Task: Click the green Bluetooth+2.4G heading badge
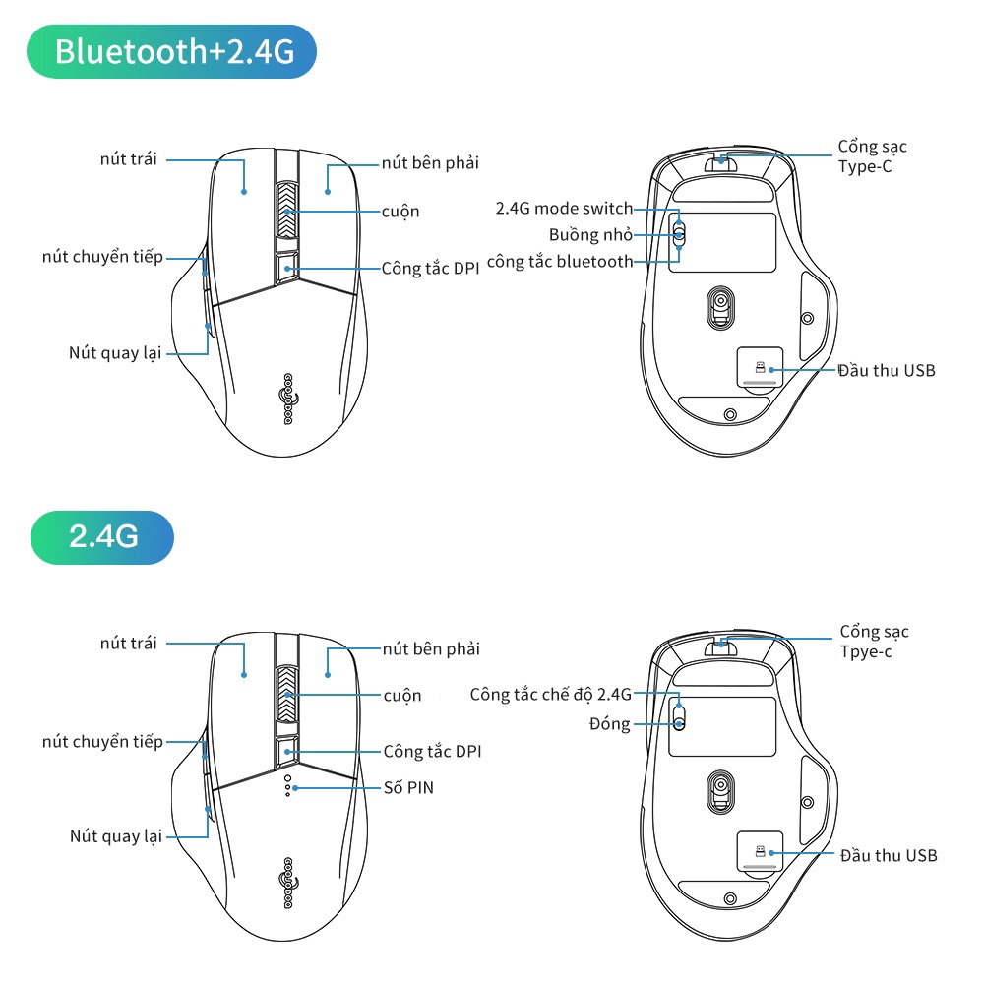coord(173,51)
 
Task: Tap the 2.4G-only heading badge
coord(102,537)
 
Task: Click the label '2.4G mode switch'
coord(564,209)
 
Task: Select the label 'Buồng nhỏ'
coord(590,235)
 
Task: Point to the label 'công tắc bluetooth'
coord(560,261)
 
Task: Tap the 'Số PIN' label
coord(407,787)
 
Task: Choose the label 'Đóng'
coord(609,724)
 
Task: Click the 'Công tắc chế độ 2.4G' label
coord(551,695)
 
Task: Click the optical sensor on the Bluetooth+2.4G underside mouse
coord(721,307)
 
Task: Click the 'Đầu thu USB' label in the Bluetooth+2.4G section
coord(887,371)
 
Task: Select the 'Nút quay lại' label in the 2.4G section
coord(114,836)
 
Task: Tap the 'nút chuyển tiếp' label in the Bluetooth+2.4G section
coord(102,258)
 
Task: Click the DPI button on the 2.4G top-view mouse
coord(286,751)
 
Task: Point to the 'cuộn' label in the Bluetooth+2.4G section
coord(400,212)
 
